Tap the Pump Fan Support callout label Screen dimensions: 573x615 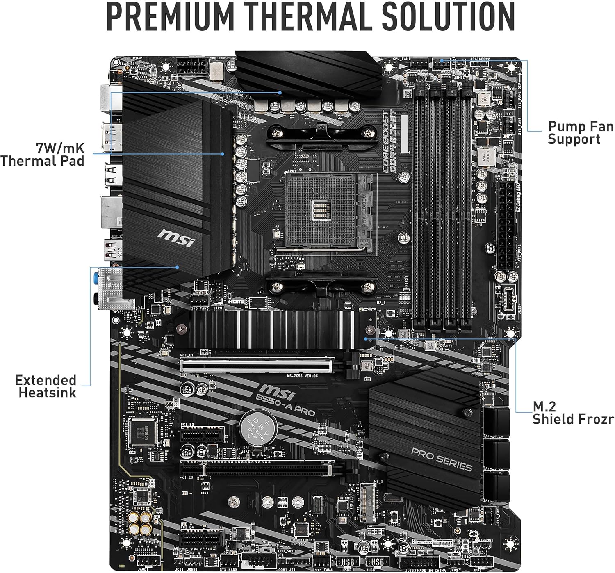point(580,132)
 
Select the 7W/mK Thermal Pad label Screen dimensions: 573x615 point(43,154)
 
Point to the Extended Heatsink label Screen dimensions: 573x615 point(46,386)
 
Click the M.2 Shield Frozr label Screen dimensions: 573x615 point(572,413)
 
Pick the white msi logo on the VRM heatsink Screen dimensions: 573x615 point(176,237)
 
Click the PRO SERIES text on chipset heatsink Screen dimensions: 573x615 point(441,459)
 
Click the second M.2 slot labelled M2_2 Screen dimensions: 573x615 point(368,502)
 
